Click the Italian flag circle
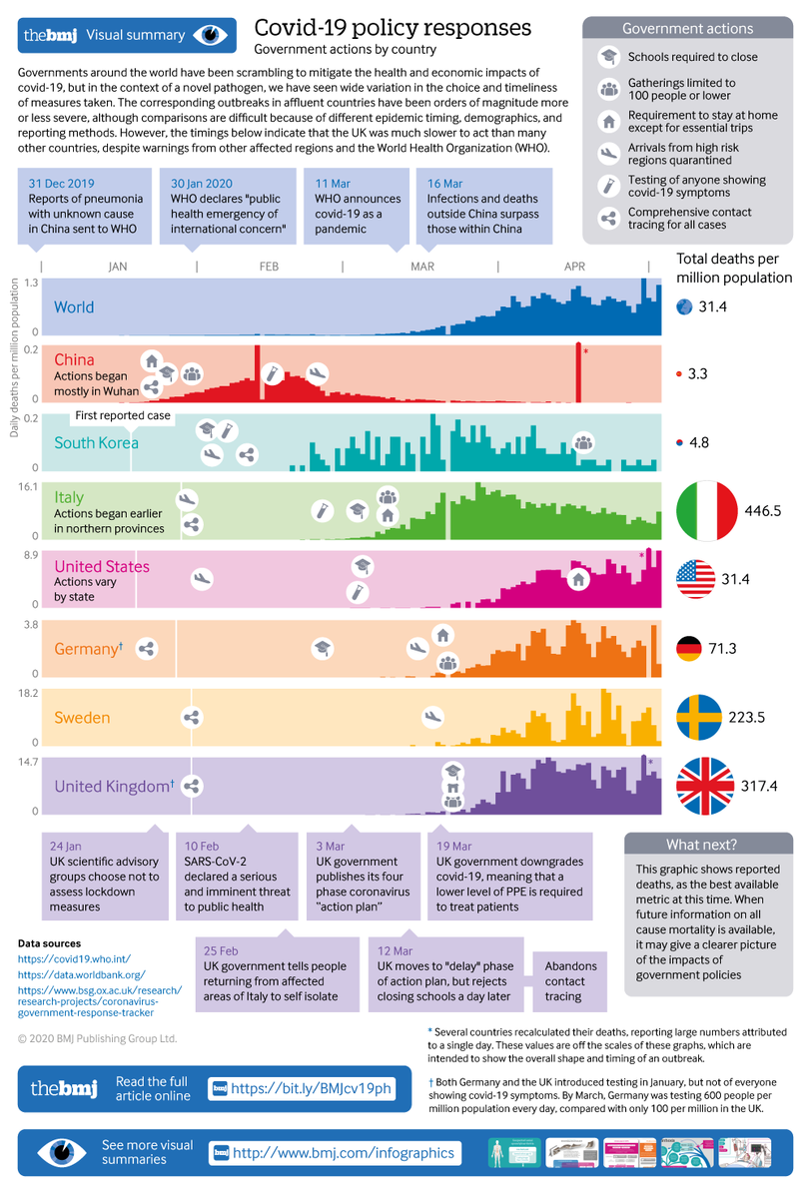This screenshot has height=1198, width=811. point(706,510)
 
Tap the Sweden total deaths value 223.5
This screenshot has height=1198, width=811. point(766,718)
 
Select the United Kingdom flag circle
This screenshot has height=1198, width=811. point(706,787)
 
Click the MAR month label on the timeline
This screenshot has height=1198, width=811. point(421,267)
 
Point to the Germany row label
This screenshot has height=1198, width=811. point(88,649)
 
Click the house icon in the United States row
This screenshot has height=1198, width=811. point(577,579)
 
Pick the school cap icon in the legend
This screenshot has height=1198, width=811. point(607,57)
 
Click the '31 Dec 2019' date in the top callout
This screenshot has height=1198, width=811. point(62,184)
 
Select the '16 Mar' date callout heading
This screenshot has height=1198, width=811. point(444,184)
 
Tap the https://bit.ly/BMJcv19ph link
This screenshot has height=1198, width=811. point(311,1087)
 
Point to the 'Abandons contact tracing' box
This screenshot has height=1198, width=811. point(571,981)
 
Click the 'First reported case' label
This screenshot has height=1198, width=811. point(123,416)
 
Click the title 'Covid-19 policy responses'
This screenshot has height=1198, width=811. point(393,27)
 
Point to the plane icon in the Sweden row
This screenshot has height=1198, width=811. point(432,716)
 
